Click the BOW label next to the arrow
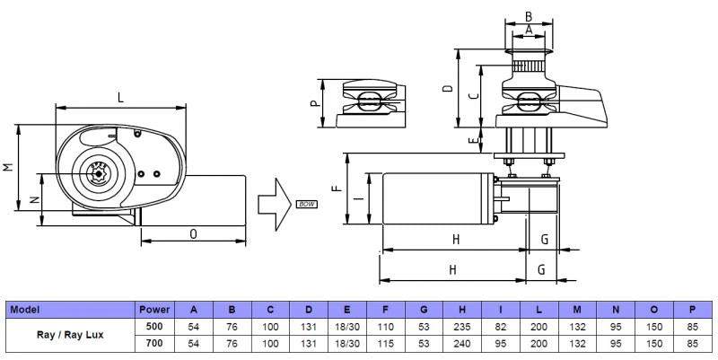[307, 206]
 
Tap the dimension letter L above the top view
[120, 96]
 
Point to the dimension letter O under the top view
[194, 233]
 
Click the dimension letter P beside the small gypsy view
[315, 103]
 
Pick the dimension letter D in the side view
[447, 90]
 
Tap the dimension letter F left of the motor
[336, 190]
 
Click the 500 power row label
[153, 326]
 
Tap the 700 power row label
[153, 343]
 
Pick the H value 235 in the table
[460, 326]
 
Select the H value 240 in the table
[460, 343]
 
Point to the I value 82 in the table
[499, 326]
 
